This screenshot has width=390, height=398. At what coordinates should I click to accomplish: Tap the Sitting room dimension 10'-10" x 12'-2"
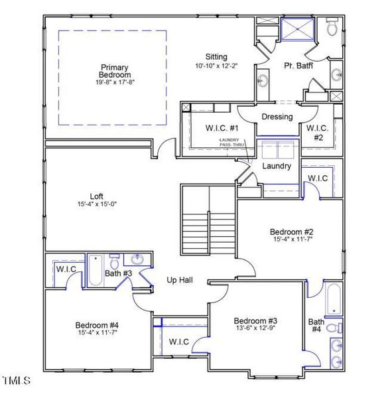point(216,66)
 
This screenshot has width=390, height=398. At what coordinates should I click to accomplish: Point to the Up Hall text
point(179,281)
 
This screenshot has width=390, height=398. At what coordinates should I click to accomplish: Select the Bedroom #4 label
point(97,325)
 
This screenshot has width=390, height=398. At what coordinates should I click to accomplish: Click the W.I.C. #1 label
point(208,127)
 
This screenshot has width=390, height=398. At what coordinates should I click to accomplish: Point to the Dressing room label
point(277,117)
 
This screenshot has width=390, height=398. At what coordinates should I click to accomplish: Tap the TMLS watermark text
point(16,381)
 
